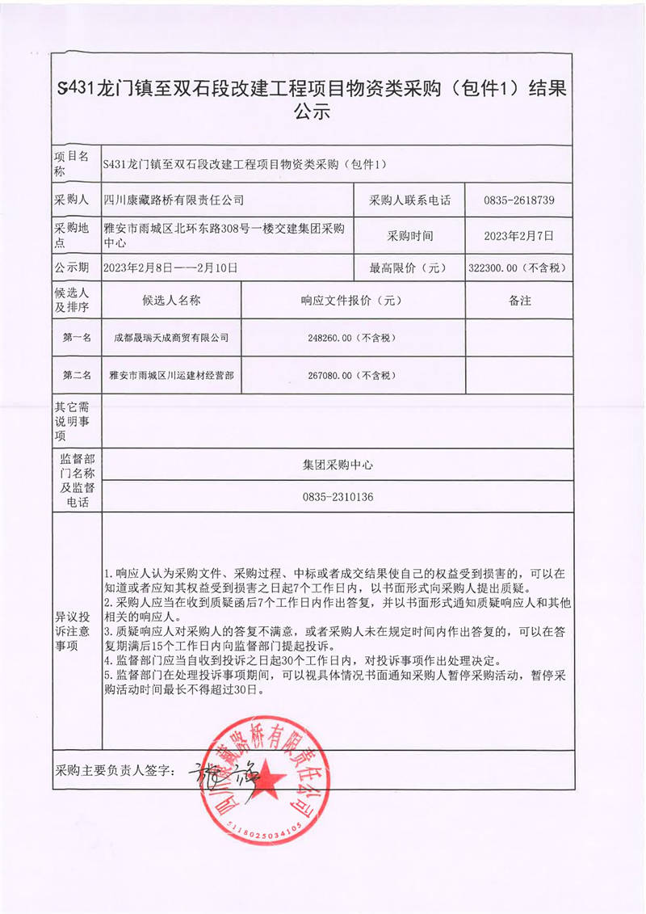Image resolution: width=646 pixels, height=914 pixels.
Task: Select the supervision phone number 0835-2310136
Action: (338, 497)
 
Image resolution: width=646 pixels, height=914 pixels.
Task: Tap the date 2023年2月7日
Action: (518, 236)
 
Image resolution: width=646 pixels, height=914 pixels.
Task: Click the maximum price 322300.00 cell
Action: (518, 267)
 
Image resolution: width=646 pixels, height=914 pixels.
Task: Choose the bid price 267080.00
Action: (353, 376)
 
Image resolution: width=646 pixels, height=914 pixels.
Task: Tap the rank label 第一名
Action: (77, 338)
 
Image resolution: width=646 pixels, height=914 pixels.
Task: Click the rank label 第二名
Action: (77, 376)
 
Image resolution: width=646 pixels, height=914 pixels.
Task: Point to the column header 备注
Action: (519, 301)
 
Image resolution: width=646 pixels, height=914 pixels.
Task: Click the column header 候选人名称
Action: (171, 301)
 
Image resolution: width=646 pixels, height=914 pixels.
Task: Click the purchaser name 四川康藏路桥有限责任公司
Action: (174, 200)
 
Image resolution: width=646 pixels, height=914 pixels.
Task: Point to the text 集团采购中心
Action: (338, 465)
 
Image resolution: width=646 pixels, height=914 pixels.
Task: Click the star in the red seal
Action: (269, 782)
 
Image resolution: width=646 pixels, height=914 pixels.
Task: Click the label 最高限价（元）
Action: (409, 267)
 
